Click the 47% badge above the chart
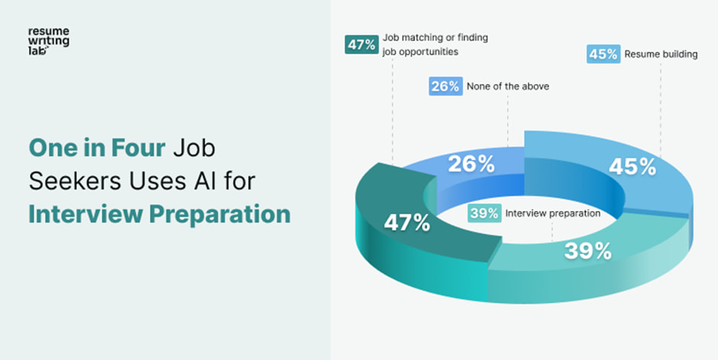tap(361, 44)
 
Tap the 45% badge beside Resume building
tap(603, 54)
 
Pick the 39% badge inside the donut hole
tap(484, 213)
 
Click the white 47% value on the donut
tap(406, 224)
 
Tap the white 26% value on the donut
tap(471, 164)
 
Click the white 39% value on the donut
tap(587, 250)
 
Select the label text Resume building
tap(661, 54)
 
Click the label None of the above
tap(508, 86)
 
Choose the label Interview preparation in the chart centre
tap(552, 213)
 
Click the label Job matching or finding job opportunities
tap(434, 44)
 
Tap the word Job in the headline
tap(195, 147)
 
